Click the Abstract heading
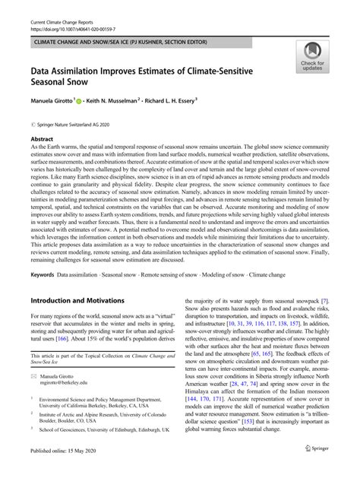pos(42,140)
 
